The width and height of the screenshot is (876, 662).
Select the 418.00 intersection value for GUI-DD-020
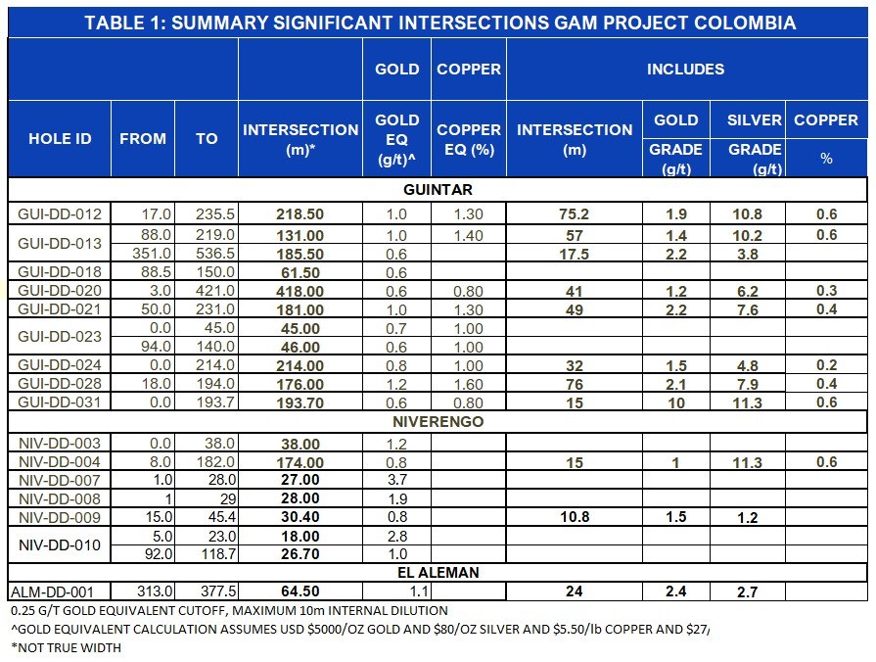click(300, 291)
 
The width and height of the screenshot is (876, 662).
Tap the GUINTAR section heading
click(438, 189)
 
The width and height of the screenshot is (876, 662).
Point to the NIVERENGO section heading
click(438, 422)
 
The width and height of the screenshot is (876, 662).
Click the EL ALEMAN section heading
click(438, 572)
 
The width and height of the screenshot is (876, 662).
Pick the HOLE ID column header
click(59, 139)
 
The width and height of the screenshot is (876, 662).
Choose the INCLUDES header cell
click(685, 70)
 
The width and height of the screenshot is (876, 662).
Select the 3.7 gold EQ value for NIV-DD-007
click(395, 480)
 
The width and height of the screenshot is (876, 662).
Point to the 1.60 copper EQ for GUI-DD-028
click(468, 384)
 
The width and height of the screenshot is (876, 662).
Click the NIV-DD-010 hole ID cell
click(59, 545)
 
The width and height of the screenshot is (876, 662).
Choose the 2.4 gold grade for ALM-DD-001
click(676, 592)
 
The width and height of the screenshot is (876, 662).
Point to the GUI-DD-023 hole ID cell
click(59, 338)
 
